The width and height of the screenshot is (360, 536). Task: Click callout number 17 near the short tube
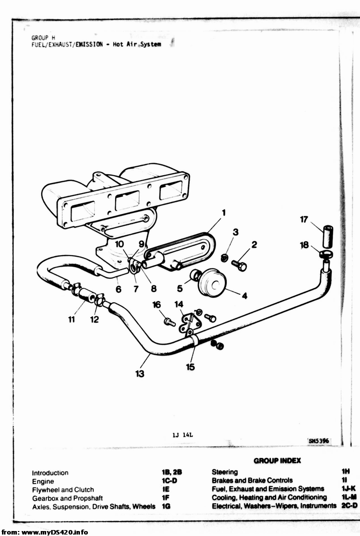304,219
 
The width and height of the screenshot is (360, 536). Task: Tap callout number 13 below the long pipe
140,374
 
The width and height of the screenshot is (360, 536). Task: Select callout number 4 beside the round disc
244,296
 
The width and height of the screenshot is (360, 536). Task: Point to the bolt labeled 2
239,265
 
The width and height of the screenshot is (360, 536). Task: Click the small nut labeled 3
224,258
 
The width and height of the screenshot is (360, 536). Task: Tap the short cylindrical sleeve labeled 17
327,236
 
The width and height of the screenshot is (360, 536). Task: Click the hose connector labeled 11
86,295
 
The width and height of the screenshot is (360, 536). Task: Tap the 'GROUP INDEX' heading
277,461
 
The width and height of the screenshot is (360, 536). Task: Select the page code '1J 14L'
183,435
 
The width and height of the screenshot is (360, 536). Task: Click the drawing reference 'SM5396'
319,441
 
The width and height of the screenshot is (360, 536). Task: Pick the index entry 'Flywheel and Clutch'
63,489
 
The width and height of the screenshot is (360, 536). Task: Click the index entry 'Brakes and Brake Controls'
252,480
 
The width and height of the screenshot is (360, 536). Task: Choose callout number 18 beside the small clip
304,245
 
